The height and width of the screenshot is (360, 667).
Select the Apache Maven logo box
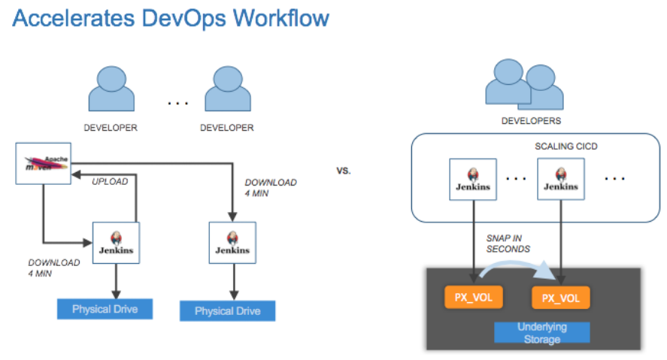pyautogui.click(x=44, y=163)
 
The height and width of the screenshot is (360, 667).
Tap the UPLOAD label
pyautogui.click(x=110, y=181)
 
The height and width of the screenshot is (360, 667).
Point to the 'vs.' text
pyautogui.click(x=344, y=171)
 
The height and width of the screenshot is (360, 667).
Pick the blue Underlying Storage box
pyautogui.click(x=541, y=333)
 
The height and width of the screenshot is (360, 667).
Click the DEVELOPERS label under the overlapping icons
pyautogui.click(x=531, y=120)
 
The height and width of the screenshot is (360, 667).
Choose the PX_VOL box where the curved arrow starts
pyautogui.click(x=473, y=298)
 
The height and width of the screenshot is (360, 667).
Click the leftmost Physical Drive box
pyautogui.click(x=105, y=309)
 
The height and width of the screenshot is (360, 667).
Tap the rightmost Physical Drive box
pyautogui.click(x=227, y=311)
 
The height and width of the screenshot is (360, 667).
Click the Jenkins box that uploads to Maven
pyautogui.click(x=117, y=243)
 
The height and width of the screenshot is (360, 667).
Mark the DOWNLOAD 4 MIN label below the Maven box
pyautogui.click(x=54, y=268)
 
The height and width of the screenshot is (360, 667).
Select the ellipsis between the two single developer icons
pyautogui.click(x=177, y=101)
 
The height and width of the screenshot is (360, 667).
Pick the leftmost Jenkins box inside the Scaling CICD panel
pyautogui.click(x=472, y=179)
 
